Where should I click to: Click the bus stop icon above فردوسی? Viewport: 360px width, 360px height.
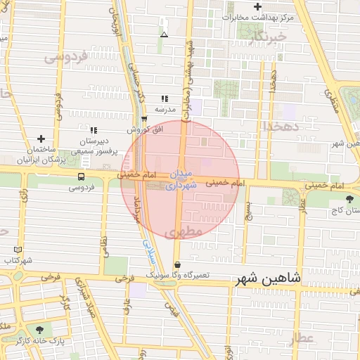point(82,177)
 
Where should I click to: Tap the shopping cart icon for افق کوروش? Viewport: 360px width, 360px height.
point(144,120)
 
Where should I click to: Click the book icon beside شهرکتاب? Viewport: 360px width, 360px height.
point(18,250)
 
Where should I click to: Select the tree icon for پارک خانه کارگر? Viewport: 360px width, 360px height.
point(39,329)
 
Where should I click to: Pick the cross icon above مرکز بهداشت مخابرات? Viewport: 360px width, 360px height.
point(258,6)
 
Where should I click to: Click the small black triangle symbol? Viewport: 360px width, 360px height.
point(164,34)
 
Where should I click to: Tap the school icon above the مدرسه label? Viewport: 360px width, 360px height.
point(165,99)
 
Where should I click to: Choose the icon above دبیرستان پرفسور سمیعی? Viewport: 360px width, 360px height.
point(94,130)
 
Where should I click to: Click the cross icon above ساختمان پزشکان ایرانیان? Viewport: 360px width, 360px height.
point(41,139)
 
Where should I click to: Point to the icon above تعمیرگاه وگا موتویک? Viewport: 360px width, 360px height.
point(177,264)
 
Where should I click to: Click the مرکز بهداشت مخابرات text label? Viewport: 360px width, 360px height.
point(257,16)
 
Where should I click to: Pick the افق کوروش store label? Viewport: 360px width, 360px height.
point(144,130)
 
